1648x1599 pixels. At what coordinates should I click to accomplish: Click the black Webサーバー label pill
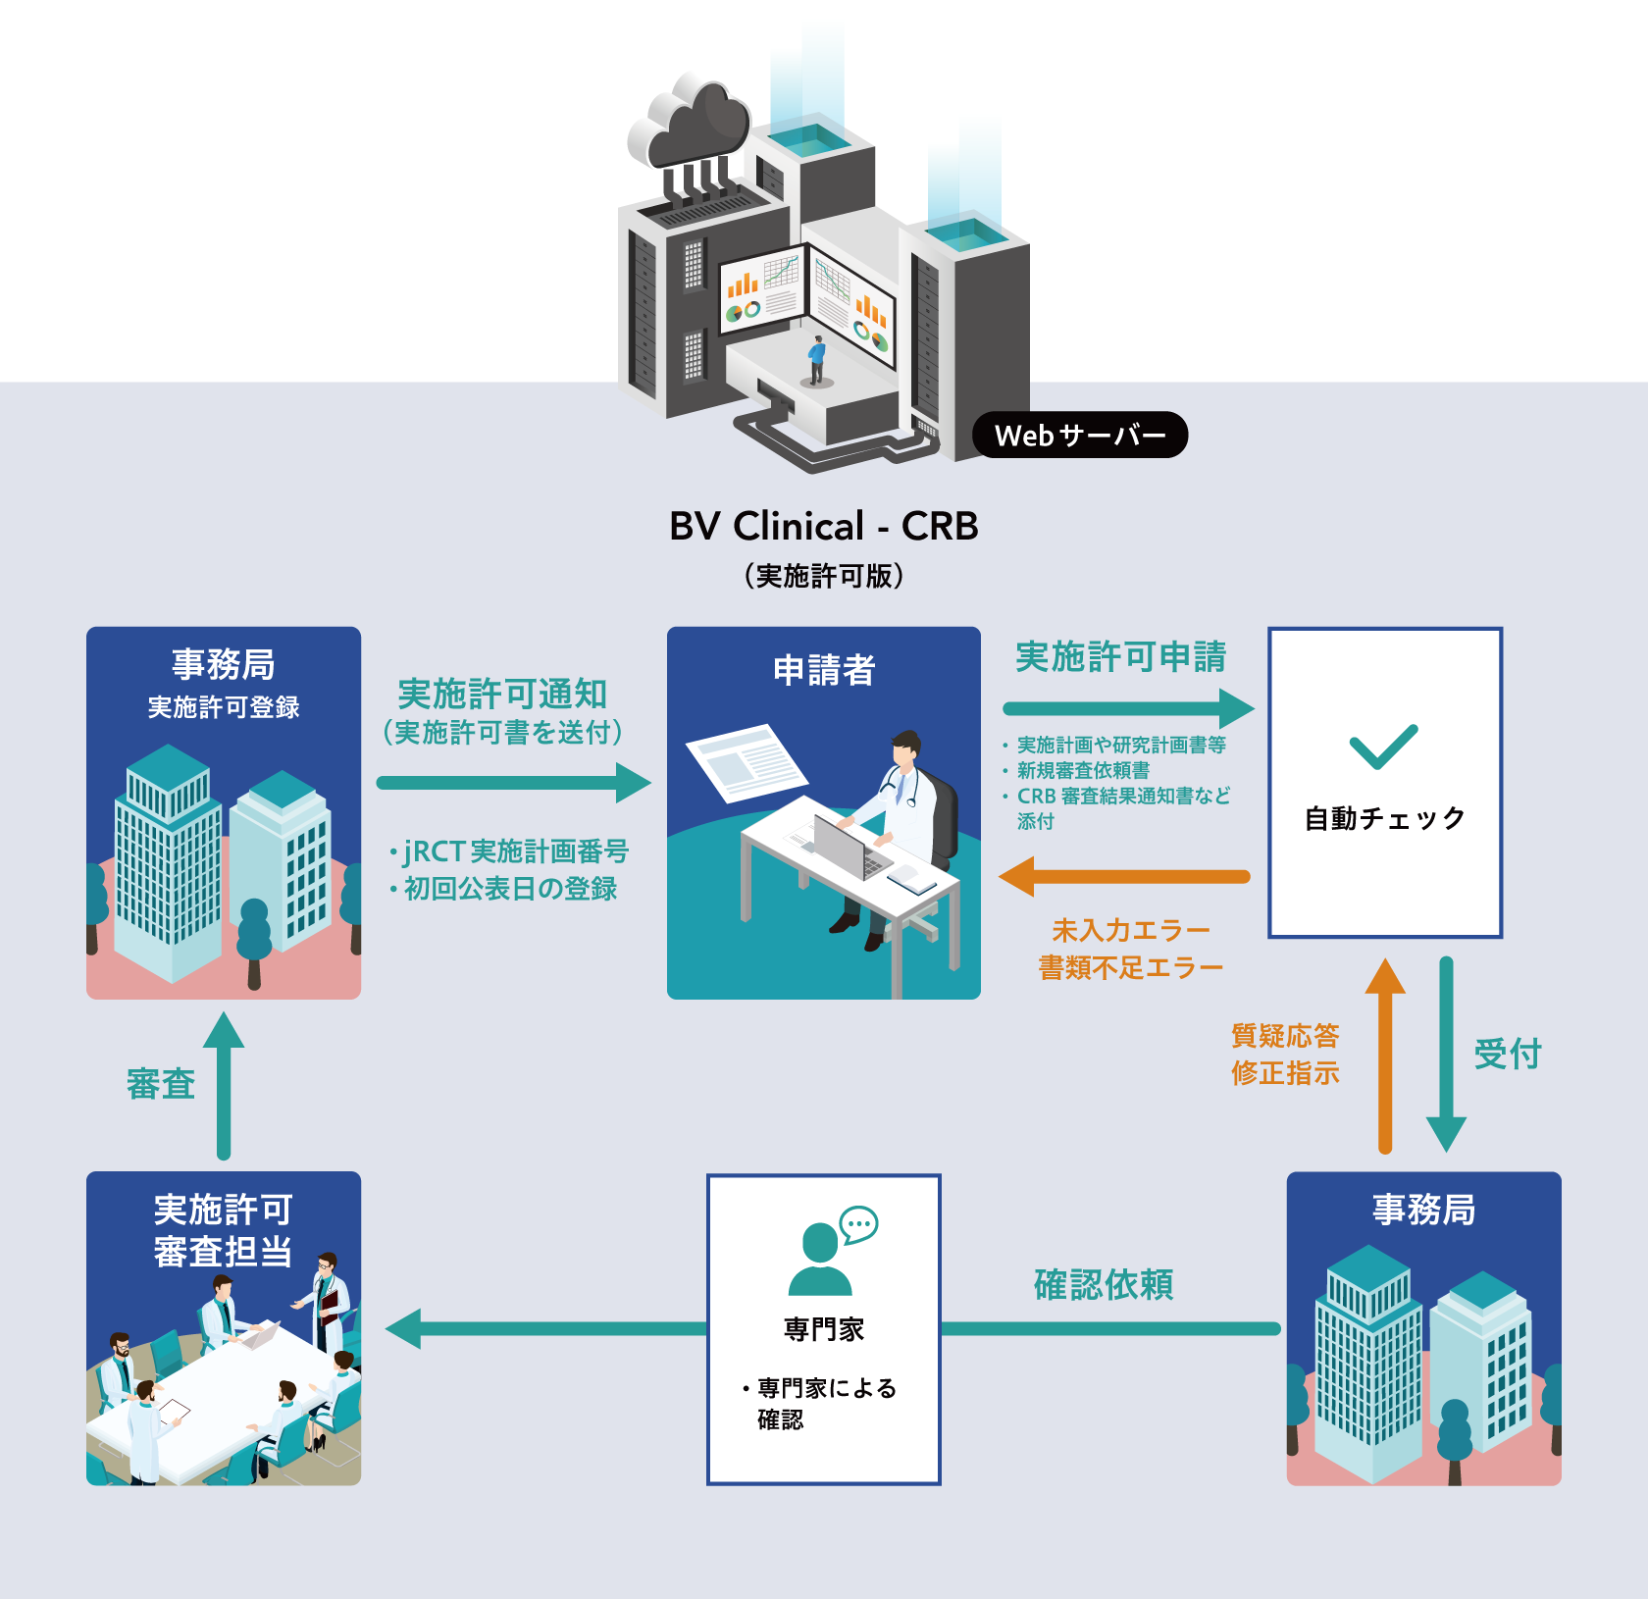[1079, 435]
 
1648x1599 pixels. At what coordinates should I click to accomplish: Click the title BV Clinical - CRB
[823, 527]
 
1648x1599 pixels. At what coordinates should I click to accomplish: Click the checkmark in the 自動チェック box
[1383, 747]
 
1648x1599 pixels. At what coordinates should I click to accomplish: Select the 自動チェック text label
[1384, 818]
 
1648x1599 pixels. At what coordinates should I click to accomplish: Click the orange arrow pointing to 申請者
[1123, 876]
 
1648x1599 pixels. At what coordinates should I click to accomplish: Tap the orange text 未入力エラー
[1130, 929]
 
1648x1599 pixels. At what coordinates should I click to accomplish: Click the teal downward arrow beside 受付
[1446, 1055]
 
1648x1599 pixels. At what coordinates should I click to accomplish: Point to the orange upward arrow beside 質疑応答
[1385, 1055]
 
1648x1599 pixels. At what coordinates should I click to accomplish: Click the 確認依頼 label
[1104, 1284]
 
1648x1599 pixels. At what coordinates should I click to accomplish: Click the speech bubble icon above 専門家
[859, 1223]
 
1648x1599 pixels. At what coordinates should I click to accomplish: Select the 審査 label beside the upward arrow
[161, 1084]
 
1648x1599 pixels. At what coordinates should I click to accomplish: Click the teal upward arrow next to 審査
[224, 1084]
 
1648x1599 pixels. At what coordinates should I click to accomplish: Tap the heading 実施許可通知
[502, 694]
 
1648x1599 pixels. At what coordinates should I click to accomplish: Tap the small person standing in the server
[816, 360]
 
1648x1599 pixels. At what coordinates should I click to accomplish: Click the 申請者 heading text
[823, 670]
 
